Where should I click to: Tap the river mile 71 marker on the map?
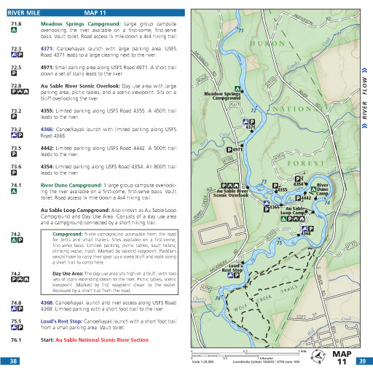click(241, 30)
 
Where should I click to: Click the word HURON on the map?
click(244, 44)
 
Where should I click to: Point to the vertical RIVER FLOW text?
click(365, 103)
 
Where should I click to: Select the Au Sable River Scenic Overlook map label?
click(230, 194)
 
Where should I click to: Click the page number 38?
click(13, 361)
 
